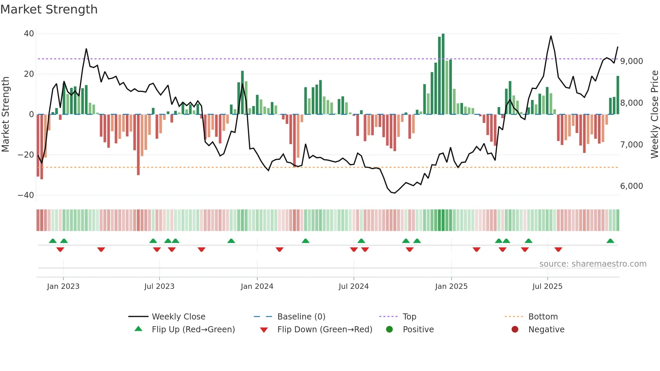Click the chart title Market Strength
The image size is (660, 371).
49,9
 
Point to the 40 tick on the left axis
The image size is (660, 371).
29,34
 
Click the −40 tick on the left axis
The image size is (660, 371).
26,195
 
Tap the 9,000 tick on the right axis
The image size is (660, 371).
631,61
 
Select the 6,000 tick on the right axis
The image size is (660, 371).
631,186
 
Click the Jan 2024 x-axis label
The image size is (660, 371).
257,286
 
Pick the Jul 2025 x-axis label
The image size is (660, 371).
547,286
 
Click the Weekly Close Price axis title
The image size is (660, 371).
654,114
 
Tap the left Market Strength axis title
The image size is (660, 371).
5,114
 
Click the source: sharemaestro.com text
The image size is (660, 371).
593,264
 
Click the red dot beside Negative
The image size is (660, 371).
515,330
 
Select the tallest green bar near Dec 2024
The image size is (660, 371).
443,74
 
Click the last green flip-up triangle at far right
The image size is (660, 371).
610,241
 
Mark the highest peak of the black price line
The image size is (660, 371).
551,36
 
